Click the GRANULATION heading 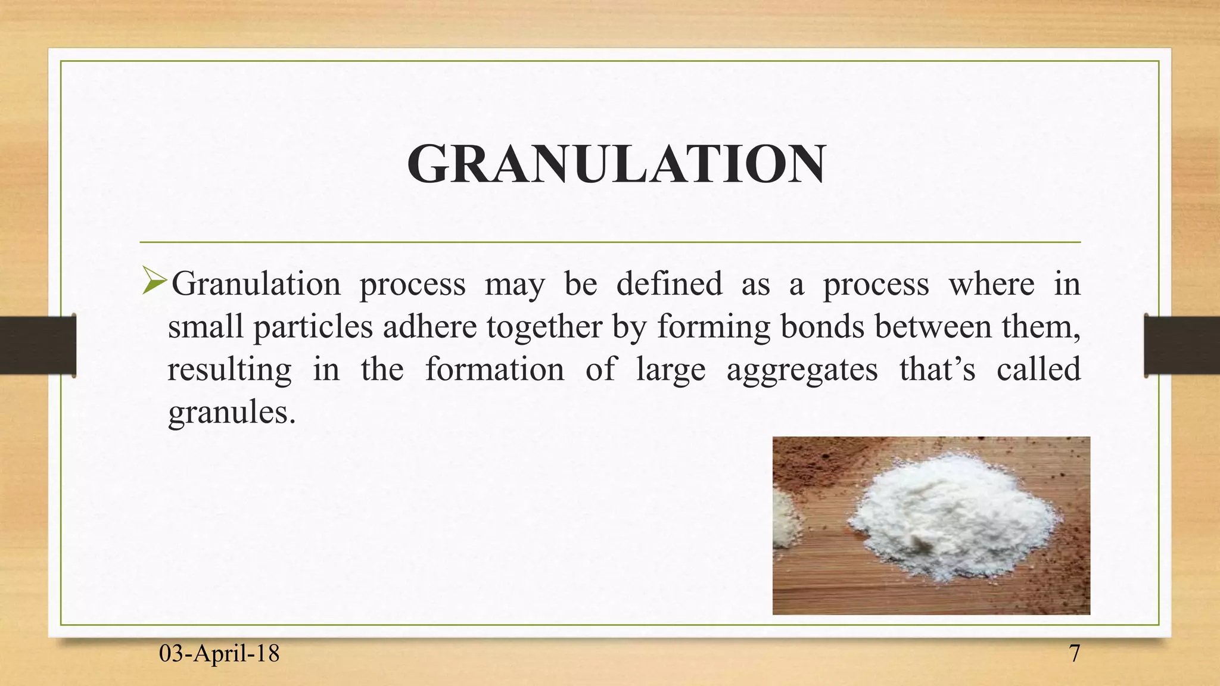[616, 165]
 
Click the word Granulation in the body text [256, 283]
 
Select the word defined [669, 283]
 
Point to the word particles [313, 328]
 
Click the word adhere [430, 327]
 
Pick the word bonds [822, 326]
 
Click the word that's [937, 369]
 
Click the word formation [494, 369]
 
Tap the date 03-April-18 [219, 654]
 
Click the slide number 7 [1074, 654]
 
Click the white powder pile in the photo [953, 518]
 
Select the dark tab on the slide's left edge [37, 345]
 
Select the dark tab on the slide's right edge [1182, 345]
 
